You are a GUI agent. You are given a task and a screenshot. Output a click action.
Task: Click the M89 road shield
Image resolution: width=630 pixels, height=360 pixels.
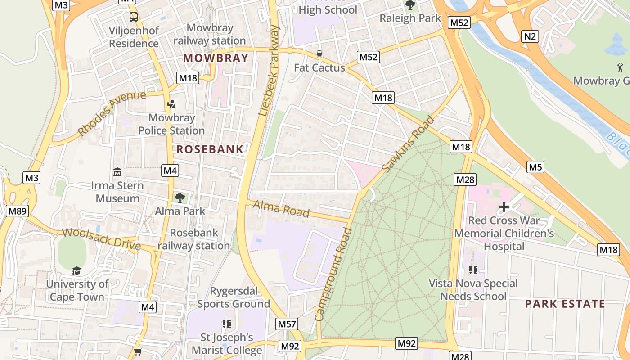point(18,211)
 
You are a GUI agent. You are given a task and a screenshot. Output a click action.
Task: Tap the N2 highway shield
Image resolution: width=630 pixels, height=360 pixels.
point(530,36)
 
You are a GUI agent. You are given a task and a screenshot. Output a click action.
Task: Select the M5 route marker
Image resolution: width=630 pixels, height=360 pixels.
point(535,167)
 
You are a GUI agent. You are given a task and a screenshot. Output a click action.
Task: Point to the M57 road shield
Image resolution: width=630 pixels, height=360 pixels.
point(287,324)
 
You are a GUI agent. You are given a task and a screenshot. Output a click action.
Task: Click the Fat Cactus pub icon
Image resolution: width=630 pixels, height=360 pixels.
point(319,54)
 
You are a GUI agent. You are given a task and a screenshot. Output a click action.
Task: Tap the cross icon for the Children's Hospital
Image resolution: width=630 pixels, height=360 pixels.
point(504,207)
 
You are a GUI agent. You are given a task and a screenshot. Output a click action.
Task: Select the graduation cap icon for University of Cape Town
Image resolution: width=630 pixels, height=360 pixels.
point(77,270)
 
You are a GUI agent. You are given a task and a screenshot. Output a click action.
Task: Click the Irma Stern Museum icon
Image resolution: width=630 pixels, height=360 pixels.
point(117,172)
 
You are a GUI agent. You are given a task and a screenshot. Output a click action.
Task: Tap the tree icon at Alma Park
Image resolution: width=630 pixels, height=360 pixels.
point(180,198)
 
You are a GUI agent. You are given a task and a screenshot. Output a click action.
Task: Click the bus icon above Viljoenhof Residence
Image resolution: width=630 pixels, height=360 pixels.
point(134,17)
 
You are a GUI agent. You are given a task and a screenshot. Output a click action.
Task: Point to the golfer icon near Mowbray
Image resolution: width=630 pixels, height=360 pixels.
point(620,67)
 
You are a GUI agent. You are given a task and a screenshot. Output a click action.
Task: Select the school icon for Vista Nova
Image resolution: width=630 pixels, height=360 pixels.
point(473,270)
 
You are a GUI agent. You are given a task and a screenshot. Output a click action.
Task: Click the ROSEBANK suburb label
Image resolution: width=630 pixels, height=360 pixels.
point(210,149)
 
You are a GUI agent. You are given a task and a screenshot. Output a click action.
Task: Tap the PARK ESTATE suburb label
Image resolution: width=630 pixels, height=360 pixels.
point(565,304)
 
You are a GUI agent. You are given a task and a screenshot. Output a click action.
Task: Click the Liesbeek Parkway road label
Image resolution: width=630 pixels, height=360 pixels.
point(270,71)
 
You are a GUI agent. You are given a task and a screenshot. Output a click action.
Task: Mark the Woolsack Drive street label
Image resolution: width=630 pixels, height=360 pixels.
point(101,239)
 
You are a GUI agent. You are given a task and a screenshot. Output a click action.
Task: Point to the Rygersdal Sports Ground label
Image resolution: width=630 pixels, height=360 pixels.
point(234,297)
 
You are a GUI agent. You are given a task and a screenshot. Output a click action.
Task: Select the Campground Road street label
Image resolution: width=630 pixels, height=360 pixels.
point(333,274)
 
